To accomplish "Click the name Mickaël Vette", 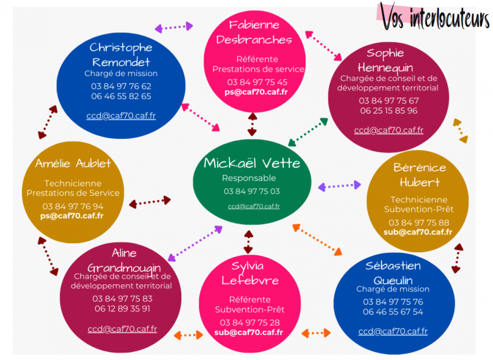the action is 252,163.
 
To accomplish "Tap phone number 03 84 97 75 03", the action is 252,191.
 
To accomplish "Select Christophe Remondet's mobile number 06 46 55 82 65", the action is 121,96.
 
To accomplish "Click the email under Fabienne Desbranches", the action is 256,92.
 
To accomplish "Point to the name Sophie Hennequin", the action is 386,61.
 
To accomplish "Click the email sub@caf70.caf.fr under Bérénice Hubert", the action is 418,232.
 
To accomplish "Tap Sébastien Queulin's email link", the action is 393,331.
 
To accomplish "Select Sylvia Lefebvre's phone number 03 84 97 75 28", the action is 250,323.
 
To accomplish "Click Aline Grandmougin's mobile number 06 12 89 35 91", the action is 122,309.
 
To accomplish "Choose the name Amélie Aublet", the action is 73,163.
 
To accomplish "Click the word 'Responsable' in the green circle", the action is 249,178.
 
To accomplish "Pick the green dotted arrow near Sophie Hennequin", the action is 308,132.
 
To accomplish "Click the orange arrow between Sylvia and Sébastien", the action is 316,333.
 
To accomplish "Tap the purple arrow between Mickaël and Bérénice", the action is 339,186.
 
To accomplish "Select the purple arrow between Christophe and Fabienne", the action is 174,27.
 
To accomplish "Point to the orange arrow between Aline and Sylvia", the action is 188,335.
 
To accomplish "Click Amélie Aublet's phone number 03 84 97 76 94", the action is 73,206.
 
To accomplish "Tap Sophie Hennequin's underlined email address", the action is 389,130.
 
